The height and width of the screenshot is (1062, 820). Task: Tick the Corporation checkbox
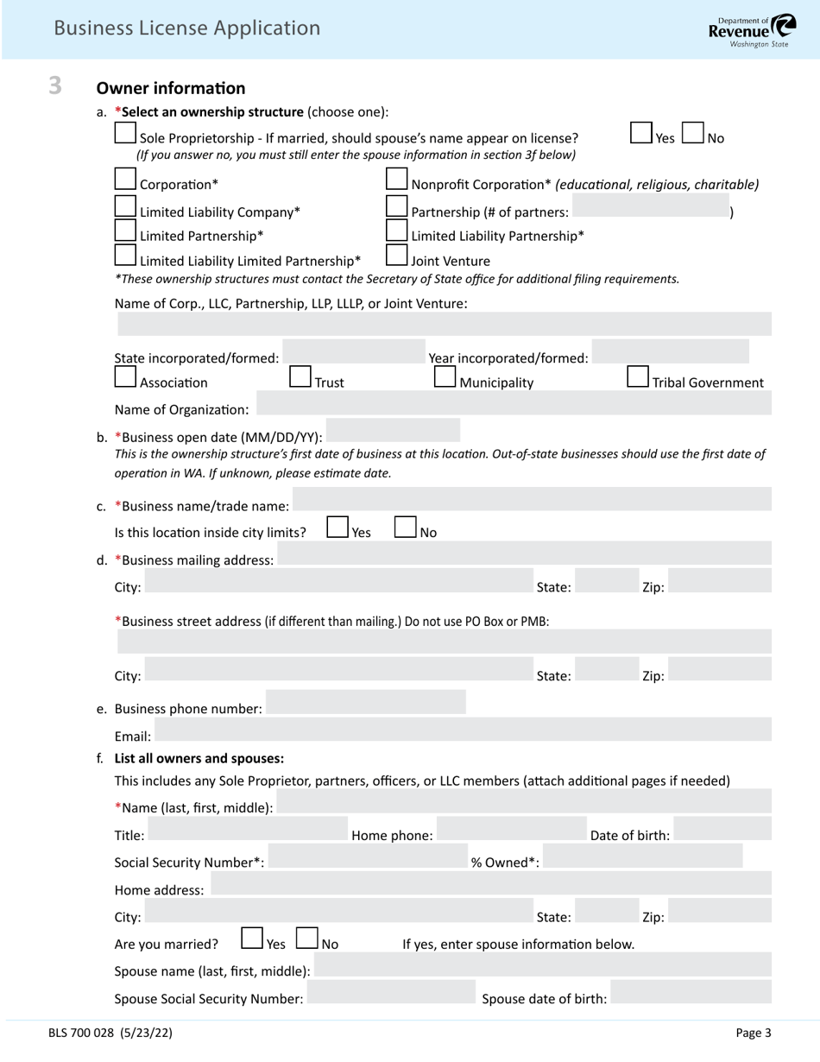coord(125,180)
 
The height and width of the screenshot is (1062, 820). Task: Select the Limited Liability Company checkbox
coord(125,207)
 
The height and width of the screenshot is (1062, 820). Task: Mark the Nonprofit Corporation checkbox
coord(396,180)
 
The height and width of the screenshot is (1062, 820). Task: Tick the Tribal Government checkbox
coord(637,377)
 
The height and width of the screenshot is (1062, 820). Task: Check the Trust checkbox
coord(300,377)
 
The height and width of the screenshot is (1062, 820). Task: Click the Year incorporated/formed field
coord(671,352)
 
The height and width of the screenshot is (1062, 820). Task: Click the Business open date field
coord(393,431)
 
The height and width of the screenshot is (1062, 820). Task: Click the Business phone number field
coord(366,703)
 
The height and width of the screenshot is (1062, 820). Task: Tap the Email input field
coord(463,730)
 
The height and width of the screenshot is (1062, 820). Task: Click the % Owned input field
coord(642,856)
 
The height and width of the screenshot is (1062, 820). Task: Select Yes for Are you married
coord(251,939)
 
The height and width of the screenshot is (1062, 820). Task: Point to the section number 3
coord(55,85)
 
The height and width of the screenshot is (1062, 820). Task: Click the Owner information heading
coord(171,88)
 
